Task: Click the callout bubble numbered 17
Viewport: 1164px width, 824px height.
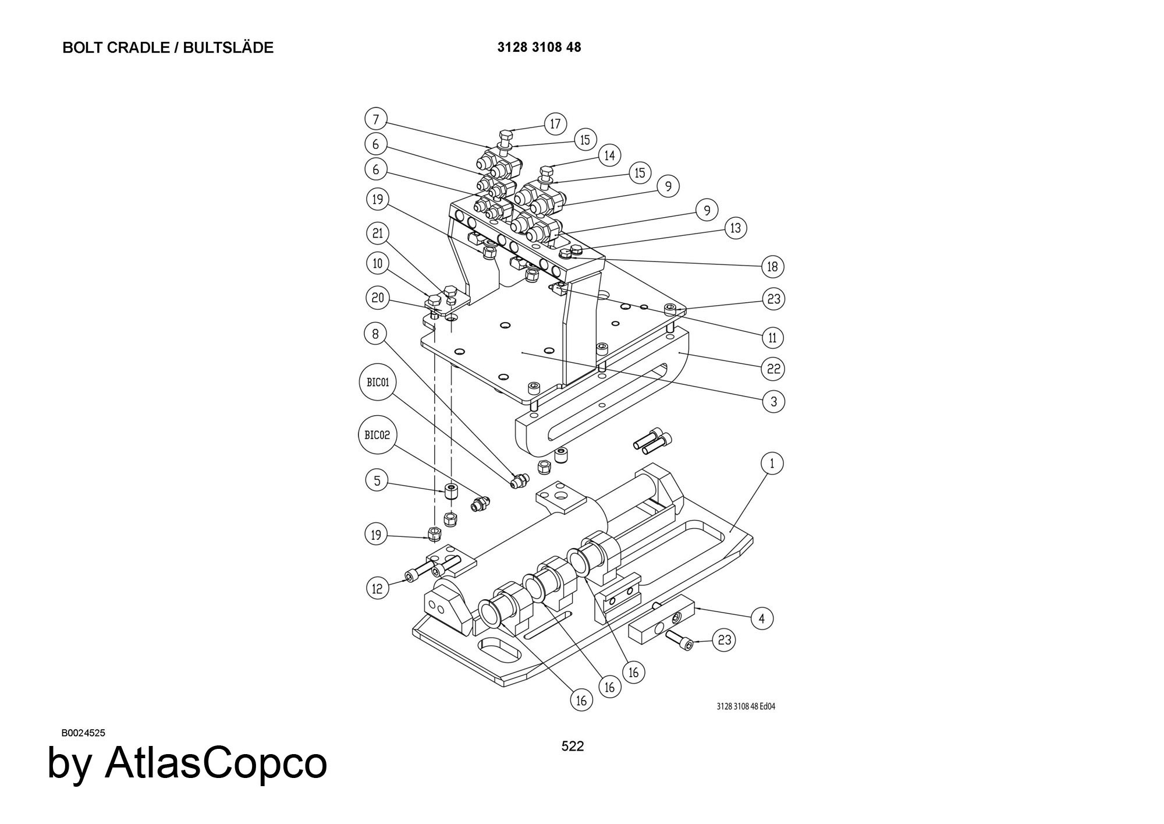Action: [x=555, y=123]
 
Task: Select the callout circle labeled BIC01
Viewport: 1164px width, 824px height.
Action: [x=377, y=383]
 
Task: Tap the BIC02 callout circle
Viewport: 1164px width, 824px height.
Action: [x=377, y=435]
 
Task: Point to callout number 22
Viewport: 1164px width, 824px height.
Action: [x=773, y=369]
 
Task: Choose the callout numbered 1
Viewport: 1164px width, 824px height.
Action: [x=772, y=464]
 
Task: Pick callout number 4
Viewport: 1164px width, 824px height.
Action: [x=762, y=618]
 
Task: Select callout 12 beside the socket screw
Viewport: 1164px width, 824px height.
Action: [x=377, y=588]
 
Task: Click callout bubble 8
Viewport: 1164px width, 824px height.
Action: [x=375, y=334]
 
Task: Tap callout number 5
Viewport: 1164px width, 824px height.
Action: [x=377, y=480]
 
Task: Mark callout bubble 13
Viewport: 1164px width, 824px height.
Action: [x=736, y=228]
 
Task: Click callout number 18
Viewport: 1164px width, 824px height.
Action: [x=772, y=267]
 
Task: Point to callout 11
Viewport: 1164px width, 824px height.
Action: [x=772, y=337]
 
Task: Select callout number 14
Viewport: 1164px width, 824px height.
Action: [x=609, y=155]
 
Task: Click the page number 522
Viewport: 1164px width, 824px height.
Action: [x=572, y=747]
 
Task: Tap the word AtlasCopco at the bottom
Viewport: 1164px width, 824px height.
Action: [x=215, y=763]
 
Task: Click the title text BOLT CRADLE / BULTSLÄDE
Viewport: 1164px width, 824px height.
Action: [x=168, y=48]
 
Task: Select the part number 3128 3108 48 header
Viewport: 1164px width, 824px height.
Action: [x=539, y=48]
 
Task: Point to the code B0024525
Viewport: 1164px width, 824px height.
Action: [x=83, y=733]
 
